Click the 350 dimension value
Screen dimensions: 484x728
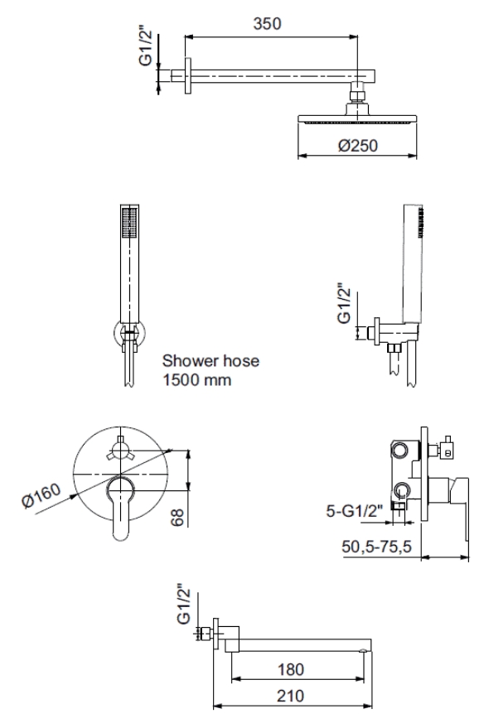click(267, 22)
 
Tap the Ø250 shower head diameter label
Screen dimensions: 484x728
click(358, 145)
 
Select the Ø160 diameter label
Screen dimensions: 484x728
click(41, 495)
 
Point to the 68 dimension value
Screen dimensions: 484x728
click(177, 516)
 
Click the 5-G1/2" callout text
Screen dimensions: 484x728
click(355, 511)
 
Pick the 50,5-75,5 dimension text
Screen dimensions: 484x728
click(377, 546)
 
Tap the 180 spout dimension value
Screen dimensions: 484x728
click(291, 669)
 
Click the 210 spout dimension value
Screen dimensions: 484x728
click(291, 695)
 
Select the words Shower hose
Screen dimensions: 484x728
click(211, 360)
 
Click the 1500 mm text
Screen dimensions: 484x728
click(196, 380)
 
